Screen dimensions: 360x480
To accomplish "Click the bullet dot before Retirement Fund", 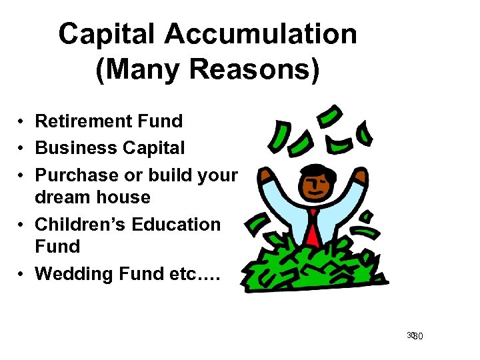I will click(x=22, y=122).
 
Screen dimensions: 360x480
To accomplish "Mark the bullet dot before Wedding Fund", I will click(x=22, y=274).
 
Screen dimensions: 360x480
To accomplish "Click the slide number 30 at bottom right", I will click(x=416, y=336).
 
